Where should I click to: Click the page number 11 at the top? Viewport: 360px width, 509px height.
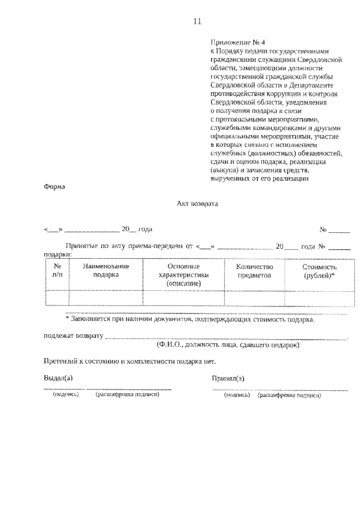pos(197,22)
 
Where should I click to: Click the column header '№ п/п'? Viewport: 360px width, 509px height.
pos(57,271)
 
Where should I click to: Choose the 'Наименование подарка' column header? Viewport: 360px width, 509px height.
pos(106,271)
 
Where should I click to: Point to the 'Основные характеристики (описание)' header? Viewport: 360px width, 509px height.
pos(184,275)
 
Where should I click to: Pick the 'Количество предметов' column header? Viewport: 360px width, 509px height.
pos(254,271)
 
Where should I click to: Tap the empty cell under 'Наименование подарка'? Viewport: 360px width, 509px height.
pos(106,298)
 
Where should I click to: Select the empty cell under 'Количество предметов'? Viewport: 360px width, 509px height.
pos(254,298)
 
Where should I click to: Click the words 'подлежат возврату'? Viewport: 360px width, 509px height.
pos(73,336)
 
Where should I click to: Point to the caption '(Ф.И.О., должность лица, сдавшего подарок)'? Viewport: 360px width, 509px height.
pos(228,344)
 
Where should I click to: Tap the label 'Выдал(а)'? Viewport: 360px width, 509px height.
pos(58,377)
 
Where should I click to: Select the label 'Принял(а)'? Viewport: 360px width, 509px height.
pos(228,377)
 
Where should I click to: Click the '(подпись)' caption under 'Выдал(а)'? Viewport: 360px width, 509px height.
pos(66,395)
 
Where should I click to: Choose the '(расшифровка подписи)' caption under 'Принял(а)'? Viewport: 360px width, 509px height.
pos(289,395)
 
